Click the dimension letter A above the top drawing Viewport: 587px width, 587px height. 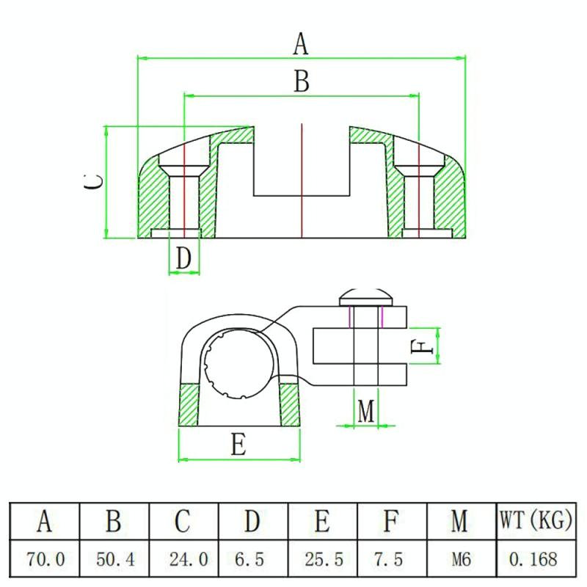(301, 44)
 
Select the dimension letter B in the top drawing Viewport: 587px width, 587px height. (302, 81)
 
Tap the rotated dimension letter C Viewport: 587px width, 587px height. (93, 182)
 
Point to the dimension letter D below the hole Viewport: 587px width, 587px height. (183, 258)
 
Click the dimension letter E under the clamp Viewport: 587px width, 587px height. (238, 445)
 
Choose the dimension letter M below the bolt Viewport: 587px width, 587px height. (365, 411)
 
